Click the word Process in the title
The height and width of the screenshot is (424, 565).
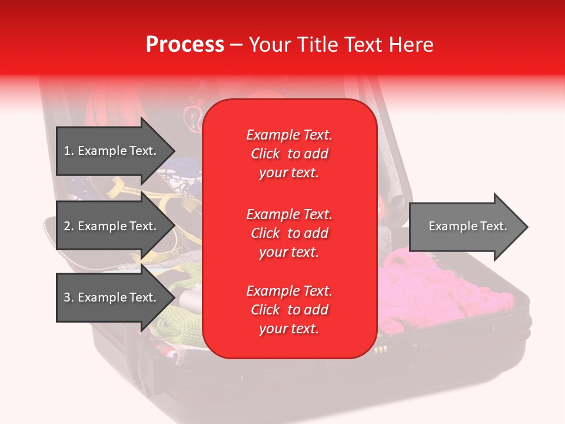(x=185, y=45)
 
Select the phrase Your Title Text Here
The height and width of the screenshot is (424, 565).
(x=341, y=45)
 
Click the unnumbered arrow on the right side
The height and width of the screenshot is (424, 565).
(x=467, y=226)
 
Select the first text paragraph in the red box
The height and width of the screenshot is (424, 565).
(x=289, y=154)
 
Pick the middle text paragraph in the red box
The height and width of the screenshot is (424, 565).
(x=289, y=233)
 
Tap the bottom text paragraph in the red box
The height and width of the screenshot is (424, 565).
(x=289, y=310)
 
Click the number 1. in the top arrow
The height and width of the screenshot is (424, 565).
(x=69, y=151)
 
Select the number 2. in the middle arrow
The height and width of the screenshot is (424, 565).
(x=69, y=226)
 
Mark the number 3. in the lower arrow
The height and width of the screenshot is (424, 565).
(x=69, y=297)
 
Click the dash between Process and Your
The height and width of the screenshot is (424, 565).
(x=237, y=45)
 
